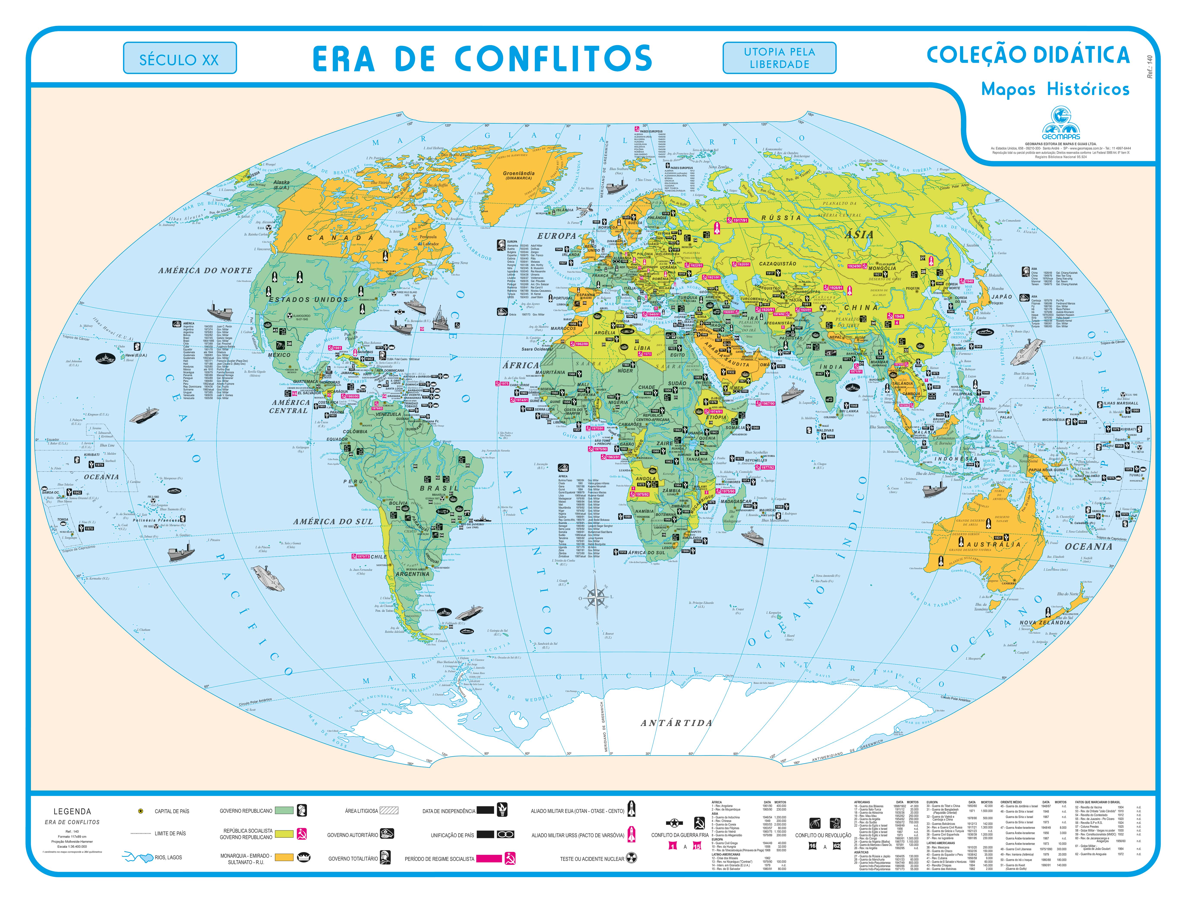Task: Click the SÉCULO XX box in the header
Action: coord(180,59)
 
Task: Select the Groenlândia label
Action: coord(519,174)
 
